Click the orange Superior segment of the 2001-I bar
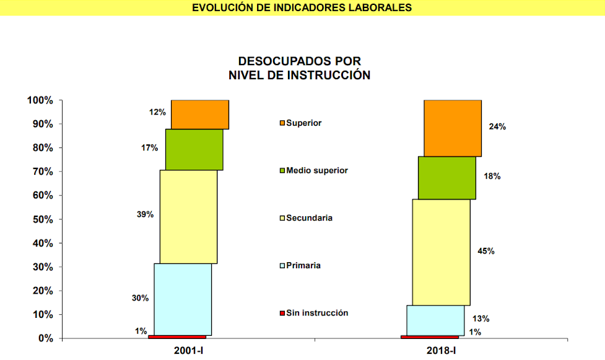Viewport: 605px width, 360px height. (x=200, y=115)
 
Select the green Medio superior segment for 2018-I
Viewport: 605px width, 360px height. (x=447, y=178)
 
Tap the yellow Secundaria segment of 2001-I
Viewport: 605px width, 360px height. (x=188, y=217)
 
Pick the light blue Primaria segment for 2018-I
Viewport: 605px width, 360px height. (x=435, y=320)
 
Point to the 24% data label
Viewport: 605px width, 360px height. (x=497, y=126)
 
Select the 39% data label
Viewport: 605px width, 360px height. (x=146, y=214)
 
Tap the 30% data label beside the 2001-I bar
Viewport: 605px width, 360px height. (x=140, y=298)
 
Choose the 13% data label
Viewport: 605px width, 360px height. (x=481, y=319)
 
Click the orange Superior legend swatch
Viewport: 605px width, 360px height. (x=282, y=123)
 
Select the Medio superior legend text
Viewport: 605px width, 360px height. (x=317, y=170)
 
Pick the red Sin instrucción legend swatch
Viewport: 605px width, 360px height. (x=282, y=314)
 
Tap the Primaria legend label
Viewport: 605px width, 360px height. (x=303, y=266)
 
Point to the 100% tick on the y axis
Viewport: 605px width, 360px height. (x=40, y=100)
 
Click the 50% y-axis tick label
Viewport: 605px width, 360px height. (x=43, y=219)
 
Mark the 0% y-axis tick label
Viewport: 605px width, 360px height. (x=46, y=338)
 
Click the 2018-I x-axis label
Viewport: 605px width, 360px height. (x=441, y=351)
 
